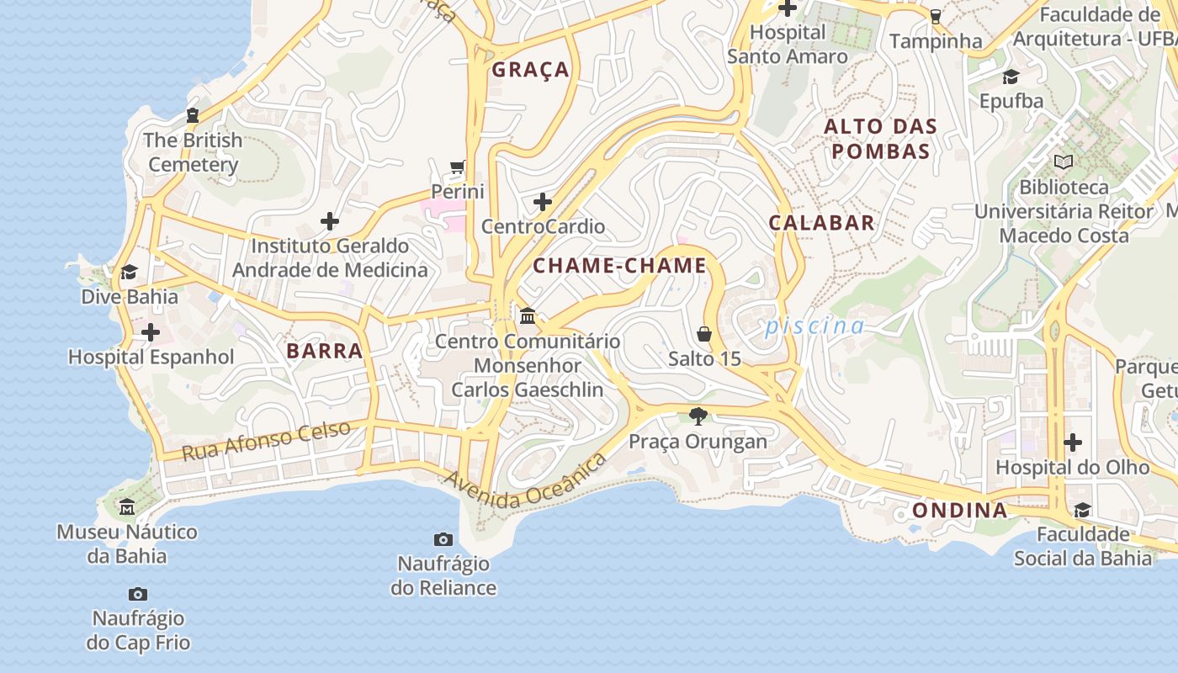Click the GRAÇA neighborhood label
[x=531, y=70]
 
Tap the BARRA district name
[x=325, y=351]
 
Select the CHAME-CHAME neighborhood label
[x=620, y=266]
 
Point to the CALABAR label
[x=822, y=223]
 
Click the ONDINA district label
[x=960, y=511]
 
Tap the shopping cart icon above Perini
[x=458, y=167]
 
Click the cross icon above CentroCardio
[x=543, y=202]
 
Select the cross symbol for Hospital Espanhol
[x=151, y=332]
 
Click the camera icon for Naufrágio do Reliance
[x=443, y=539]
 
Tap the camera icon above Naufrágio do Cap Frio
[x=138, y=595]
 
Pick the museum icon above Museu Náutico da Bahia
[x=127, y=507]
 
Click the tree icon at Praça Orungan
[x=698, y=416]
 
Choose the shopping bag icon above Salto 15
[x=704, y=334]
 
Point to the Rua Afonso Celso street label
[x=266, y=441]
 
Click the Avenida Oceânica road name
[x=525, y=482]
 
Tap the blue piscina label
[x=815, y=326]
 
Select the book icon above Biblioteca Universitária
[x=1064, y=162]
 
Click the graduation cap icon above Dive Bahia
[x=129, y=273]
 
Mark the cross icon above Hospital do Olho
[x=1073, y=442]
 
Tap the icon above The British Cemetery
[x=193, y=115]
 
